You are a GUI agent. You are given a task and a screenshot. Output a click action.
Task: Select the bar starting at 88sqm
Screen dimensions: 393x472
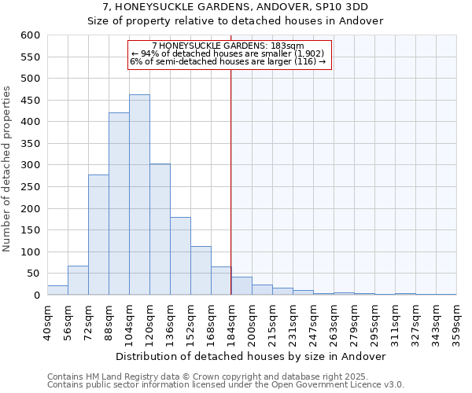[x=119, y=204]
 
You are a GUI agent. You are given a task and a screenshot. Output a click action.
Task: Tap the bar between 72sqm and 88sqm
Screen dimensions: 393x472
[x=98, y=235]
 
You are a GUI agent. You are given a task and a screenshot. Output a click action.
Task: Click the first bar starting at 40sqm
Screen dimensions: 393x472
[x=57, y=290]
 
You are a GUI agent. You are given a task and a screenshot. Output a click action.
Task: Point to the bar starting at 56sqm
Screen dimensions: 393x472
[x=78, y=281]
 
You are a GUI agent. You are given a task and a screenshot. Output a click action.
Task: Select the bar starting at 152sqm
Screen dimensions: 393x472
[x=201, y=270]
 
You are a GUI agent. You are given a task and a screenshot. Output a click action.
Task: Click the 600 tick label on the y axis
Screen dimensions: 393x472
[x=30, y=35]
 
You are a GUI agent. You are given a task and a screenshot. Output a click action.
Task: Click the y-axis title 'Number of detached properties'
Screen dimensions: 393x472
[x=8, y=170]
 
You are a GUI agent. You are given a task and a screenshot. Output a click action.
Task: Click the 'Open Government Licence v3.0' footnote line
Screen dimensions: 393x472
[x=226, y=385]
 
